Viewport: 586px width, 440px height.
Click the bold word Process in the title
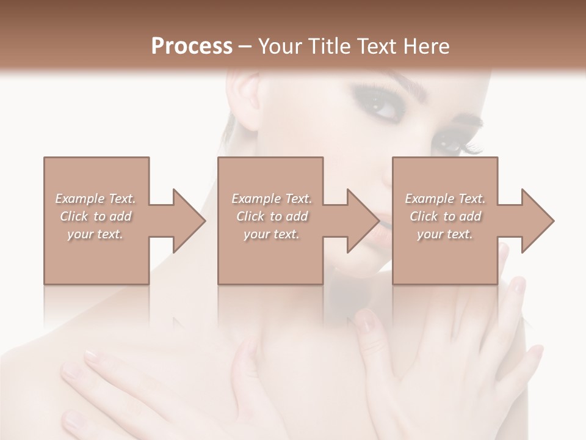point(192,46)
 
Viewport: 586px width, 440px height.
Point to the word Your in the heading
point(281,46)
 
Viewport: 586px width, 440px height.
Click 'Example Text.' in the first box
point(95,199)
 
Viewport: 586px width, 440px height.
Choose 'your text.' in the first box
point(95,234)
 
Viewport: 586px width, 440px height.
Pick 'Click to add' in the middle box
point(272,216)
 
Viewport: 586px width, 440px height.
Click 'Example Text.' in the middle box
point(272,199)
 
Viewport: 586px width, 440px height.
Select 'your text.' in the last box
point(445,234)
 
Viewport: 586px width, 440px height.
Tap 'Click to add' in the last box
point(445,216)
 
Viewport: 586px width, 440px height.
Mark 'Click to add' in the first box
point(95,216)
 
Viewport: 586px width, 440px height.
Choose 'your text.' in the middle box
point(272,234)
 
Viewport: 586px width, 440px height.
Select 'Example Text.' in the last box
point(445,199)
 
